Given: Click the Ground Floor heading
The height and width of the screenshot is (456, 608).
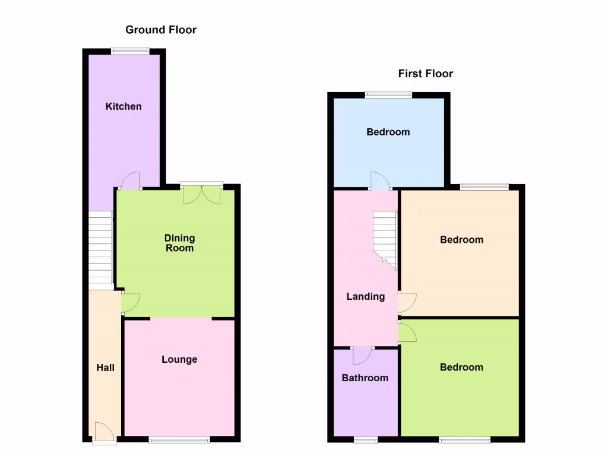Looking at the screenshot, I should tap(160, 30).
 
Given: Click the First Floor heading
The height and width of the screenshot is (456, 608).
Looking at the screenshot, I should tap(425, 74).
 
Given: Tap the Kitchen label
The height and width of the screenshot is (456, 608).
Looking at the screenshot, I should tap(123, 106).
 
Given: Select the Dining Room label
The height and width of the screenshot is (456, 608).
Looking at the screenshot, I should tap(179, 243).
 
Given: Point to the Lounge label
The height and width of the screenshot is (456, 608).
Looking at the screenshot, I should tap(179, 359).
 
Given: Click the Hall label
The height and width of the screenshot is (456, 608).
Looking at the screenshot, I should tap(106, 368).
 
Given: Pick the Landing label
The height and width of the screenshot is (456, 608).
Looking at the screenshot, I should tap(366, 296).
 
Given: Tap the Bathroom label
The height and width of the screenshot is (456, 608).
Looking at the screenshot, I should tap(365, 378).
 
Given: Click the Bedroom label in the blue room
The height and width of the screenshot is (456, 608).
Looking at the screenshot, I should tap(388, 132).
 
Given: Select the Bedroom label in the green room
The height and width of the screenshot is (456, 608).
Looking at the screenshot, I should tap(461, 367).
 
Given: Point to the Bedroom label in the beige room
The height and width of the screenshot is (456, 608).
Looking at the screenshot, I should tap(461, 240).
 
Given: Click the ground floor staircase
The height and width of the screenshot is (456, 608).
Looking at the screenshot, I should tap(101, 249).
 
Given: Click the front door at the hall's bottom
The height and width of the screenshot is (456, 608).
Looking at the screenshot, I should tap(103, 433).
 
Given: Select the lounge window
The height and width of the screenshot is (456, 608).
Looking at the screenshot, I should tap(179, 439).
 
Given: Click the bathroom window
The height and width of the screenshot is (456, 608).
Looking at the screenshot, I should tap(366, 440).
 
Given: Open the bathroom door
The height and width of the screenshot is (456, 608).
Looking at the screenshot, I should tap(362, 354).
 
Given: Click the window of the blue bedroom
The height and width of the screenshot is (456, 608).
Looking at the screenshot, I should tap(388, 94).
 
